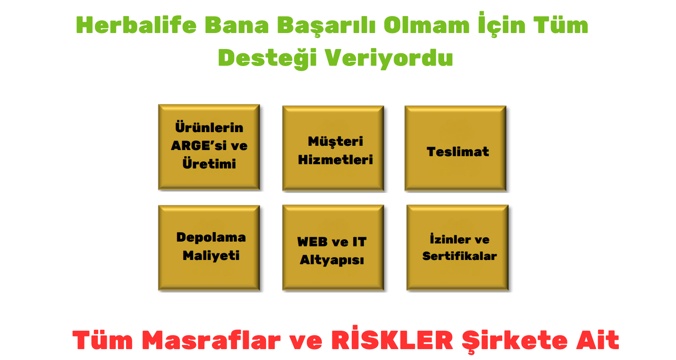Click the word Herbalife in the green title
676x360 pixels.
click(x=136, y=25)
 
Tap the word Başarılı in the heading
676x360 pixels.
click(x=326, y=26)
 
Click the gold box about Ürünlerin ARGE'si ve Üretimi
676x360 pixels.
click(x=209, y=147)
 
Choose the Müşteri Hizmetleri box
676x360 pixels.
click(x=333, y=148)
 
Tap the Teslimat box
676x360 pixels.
click(x=456, y=148)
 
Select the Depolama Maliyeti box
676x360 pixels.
click(x=209, y=248)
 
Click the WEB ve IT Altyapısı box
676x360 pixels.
click(x=333, y=248)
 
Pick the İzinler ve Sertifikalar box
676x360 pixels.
click(x=457, y=248)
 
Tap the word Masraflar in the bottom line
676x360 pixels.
click(x=211, y=340)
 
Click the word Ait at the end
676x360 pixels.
click(x=598, y=340)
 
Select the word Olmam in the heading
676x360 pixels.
click(x=427, y=25)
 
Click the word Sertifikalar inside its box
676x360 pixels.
click(x=459, y=256)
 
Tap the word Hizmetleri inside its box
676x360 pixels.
click(x=335, y=159)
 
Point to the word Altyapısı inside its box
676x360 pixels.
click(x=332, y=260)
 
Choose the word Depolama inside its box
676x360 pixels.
click(x=211, y=238)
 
